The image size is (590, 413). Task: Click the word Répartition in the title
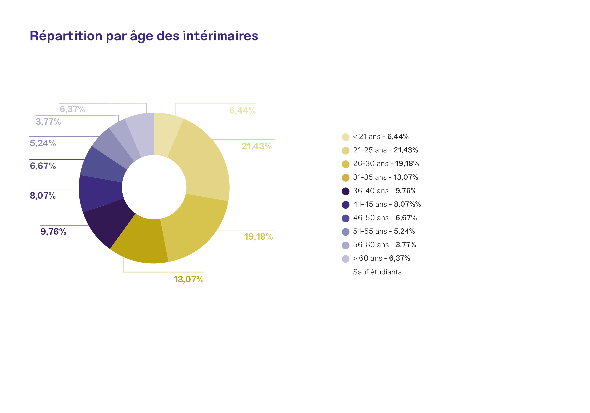point(66,36)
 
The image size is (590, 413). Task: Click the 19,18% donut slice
point(195,226)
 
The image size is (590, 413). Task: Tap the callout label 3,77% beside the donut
point(48,122)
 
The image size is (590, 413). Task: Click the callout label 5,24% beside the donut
point(43,143)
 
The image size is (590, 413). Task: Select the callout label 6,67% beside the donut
point(43,166)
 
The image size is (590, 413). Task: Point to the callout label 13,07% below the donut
point(188,279)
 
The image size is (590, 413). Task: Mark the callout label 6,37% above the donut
point(72,109)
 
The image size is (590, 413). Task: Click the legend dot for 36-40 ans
point(346,191)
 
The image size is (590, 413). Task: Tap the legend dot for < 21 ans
point(346,137)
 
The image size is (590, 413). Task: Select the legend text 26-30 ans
point(370,164)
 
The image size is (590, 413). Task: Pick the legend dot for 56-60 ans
point(346,245)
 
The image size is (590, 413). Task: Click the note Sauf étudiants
point(377,272)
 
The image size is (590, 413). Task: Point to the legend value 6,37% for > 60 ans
point(400,258)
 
